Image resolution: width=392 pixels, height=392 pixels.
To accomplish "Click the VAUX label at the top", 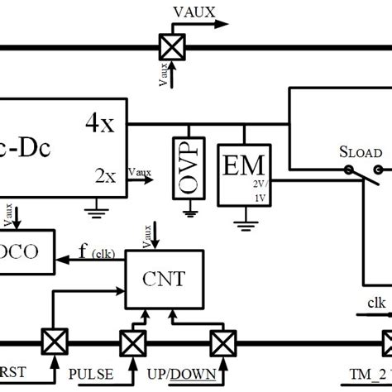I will pyautogui.click(x=195, y=11).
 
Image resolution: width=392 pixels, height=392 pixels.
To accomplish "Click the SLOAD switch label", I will pyautogui.click(x=360, y=153).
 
